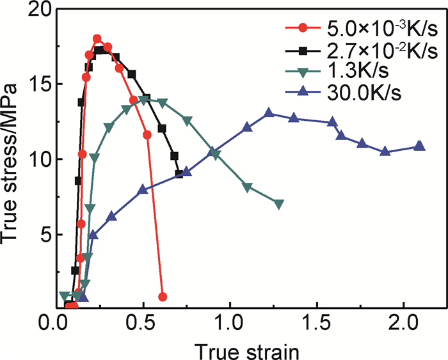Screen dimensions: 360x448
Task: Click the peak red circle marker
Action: click(97, 39)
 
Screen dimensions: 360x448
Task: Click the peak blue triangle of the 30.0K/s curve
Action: click(269, 113)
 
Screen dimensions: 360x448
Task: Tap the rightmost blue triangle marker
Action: click(419, 146)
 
